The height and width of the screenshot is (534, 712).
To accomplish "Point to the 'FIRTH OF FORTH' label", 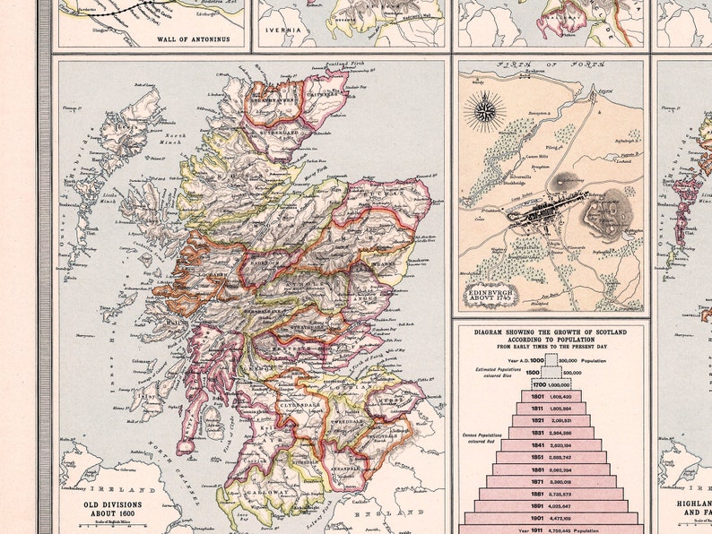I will point(551,65).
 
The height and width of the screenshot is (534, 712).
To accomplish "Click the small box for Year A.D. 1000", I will point(551,360).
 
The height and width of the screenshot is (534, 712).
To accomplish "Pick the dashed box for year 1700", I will point(551,383).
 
